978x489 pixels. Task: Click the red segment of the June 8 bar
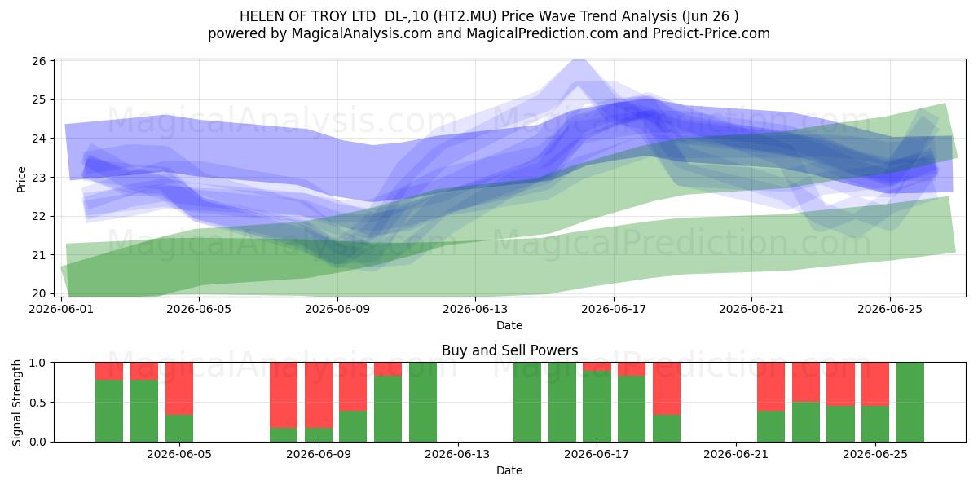[x=284, y=394]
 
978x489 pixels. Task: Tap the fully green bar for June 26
[x=910, y=402]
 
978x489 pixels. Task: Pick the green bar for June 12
[x=423, y=402]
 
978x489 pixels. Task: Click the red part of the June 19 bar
[x=667, y=388]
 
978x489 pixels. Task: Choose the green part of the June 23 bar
[x=806, y=422]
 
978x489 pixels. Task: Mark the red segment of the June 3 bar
[x=144, y=371]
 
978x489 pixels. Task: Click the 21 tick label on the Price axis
[x=39, y=255]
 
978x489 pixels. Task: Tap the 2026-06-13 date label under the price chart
[x=475, y=309]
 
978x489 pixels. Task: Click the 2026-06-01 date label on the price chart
[x=61, y=309]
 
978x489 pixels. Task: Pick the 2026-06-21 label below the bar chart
[x=736, y=455]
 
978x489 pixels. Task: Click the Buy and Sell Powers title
[x=509, y=350]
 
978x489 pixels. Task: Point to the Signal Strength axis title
[x=16, y=403]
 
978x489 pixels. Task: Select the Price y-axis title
[x=21, y=179]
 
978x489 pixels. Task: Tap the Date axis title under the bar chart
[x=509, y=470]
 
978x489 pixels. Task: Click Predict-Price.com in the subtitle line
[x=711, y=33]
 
